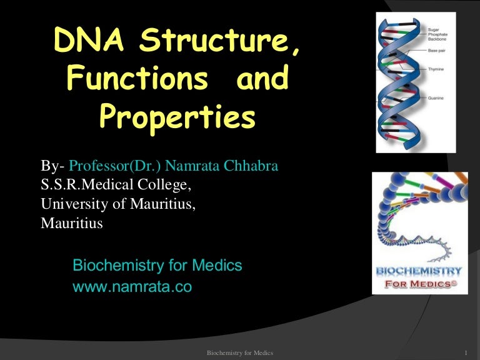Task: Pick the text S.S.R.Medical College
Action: (x=116, y=185)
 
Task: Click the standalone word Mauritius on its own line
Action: (x=72, y=222)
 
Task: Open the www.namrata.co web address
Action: (x=132, y=288)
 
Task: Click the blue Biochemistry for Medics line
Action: (x=157, y=266)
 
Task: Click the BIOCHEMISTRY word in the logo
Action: (x=419, y=272)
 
